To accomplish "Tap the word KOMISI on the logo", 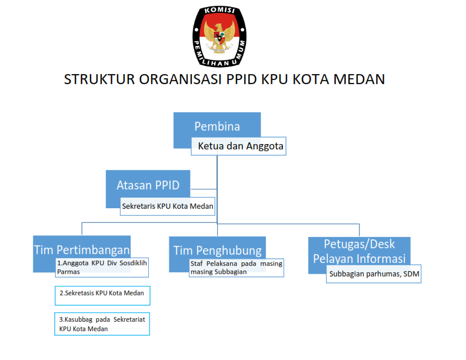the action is [219, 10].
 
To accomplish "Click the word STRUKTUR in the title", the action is [99, 79].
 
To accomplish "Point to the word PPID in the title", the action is [242, 79].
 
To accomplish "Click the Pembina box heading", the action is [217, 126].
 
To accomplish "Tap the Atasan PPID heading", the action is [148, 185].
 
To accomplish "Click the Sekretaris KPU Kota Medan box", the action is [168, 206].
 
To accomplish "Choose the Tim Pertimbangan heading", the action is [82, 250].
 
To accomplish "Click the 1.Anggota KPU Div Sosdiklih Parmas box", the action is [102, 267].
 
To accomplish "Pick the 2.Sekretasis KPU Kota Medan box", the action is [102, 295].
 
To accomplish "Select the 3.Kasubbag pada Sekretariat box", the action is [102, 324].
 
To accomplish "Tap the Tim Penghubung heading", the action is [218, 251].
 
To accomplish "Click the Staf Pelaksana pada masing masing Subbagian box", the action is [237, 268].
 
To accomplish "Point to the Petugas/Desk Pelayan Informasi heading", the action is [360, 251].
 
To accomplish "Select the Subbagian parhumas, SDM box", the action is [374, 274].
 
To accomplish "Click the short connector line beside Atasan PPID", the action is [204, 189].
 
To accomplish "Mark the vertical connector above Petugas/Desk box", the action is [360, 230].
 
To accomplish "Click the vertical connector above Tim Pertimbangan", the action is [82, 229].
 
